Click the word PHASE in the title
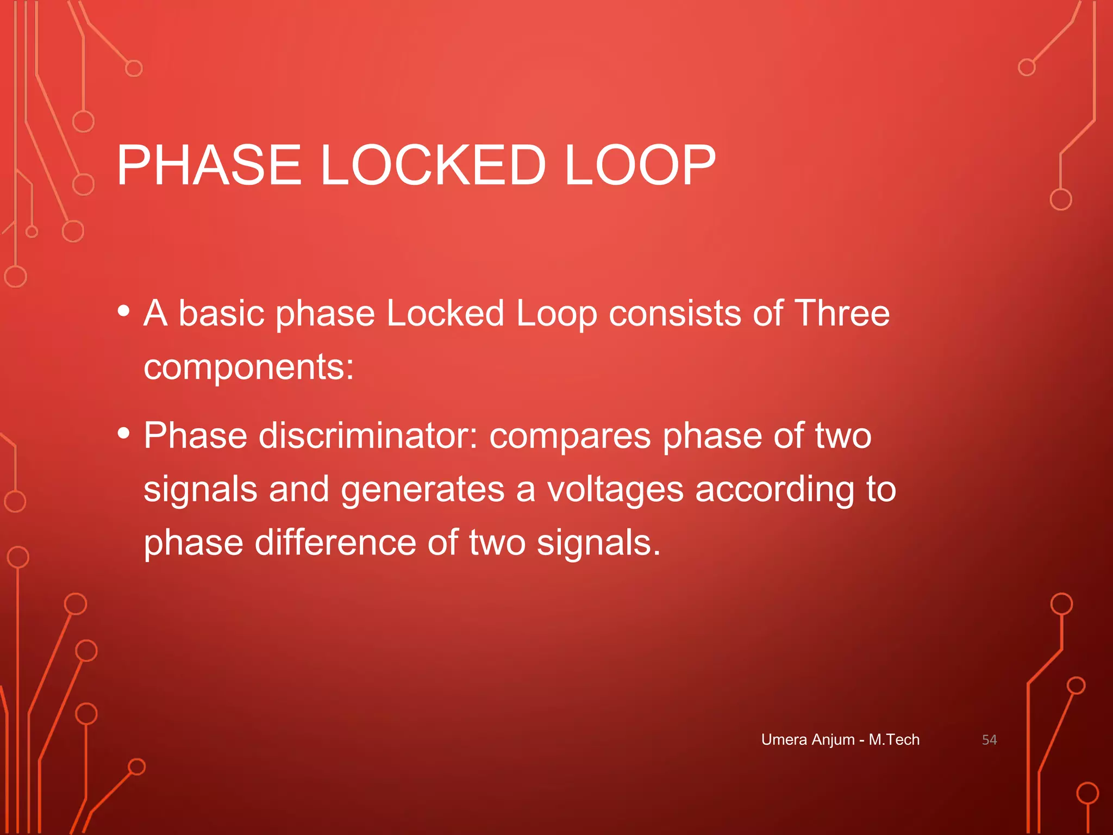point(209,165)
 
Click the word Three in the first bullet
point(842,314)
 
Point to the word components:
point(249,367)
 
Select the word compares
point(570,436)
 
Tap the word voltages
point(615,489)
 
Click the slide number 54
point(989,740)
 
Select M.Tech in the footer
point(894,740)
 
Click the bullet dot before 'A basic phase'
point(124,311)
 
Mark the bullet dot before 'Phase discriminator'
point(124,433)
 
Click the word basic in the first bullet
point(221,314)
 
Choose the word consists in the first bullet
point(674,314)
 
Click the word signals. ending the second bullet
point(598,543)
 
